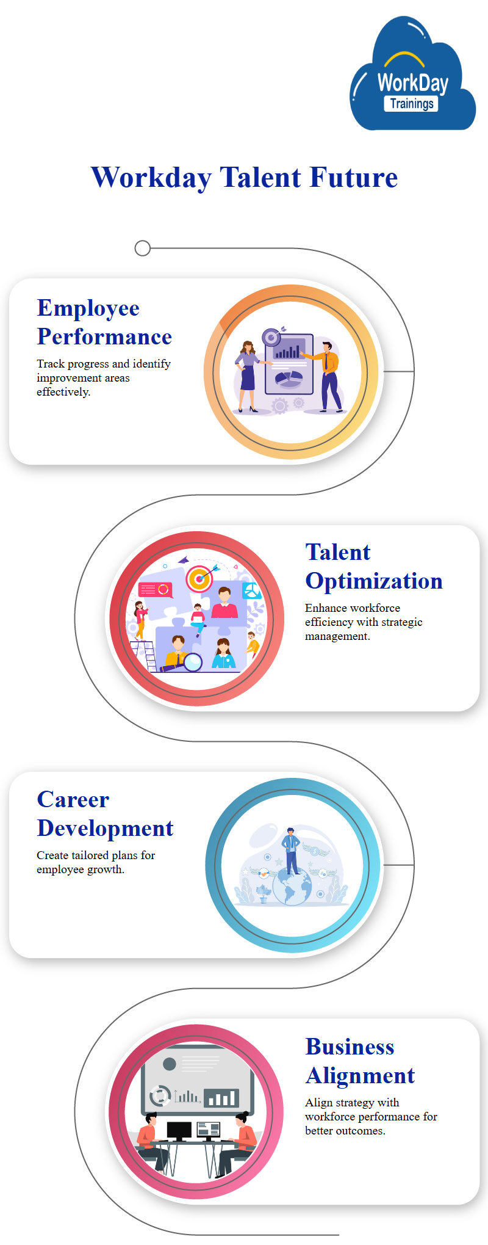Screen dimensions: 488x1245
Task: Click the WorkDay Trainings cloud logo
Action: [x=412, y=74]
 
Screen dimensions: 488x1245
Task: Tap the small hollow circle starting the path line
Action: [x=142, y=249]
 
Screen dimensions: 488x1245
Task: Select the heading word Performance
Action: [x=104, y=336]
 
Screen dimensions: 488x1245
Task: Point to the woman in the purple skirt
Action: [x=248, y=376]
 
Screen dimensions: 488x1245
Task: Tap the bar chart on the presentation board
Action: [x=289, y=350]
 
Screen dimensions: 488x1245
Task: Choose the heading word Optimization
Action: [x=374, y=581]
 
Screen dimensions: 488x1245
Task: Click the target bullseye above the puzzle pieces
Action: [x=199, y=578]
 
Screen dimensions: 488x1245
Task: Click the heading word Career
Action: [x=73, y=799]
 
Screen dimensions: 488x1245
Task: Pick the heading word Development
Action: [x=105, y=829]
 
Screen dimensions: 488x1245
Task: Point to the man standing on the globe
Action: [x=291, y=851]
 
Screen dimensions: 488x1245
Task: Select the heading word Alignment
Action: [x=360, y=1076]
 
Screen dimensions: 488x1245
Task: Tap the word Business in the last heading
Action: [x=350, y=1047]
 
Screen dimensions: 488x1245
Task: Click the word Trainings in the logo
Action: [x=412, y=103]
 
